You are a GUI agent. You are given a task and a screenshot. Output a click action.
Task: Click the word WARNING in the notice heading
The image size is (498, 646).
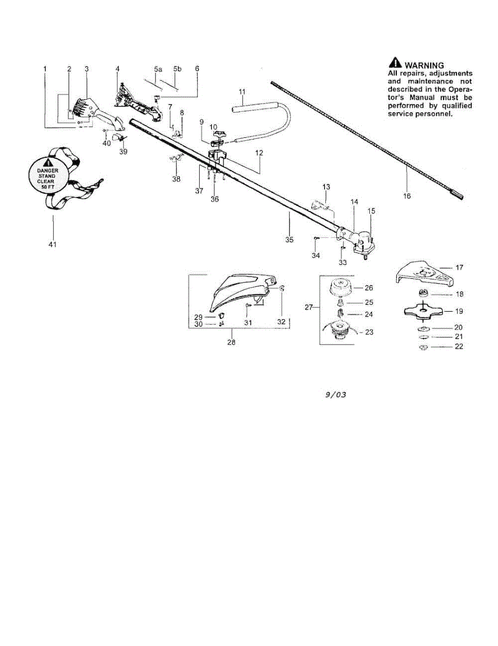tap(424, 65)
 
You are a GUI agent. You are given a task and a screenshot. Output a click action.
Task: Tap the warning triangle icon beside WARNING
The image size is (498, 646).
tap(395, 62)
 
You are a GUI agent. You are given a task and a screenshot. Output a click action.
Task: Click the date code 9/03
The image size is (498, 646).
tap(335, 395)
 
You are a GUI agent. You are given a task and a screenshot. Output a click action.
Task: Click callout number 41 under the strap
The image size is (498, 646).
tap(52, 244)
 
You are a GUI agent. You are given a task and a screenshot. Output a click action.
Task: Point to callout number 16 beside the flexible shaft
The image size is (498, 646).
tap(406, 196)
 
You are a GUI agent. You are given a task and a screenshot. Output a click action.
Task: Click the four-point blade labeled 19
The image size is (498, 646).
tap(423, 312)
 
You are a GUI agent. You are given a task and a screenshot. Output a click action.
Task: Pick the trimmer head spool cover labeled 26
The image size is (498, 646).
tap(340, 288)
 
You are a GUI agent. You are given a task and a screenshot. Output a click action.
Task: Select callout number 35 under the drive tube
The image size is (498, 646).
tap(289, 240)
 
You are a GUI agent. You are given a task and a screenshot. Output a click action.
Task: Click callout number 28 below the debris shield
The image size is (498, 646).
tap(232, 342)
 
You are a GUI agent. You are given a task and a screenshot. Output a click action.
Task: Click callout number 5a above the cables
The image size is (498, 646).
tap(158, 69)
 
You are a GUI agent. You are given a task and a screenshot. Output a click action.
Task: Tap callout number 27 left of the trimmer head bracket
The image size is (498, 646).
tap(308, 307)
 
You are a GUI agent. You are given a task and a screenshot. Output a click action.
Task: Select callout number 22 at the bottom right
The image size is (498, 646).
tap(459, 347)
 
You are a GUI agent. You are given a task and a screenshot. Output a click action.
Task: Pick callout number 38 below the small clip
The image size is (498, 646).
tap(176, 179)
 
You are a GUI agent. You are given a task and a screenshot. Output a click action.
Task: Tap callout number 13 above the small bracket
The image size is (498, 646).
tap(326, 187)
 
